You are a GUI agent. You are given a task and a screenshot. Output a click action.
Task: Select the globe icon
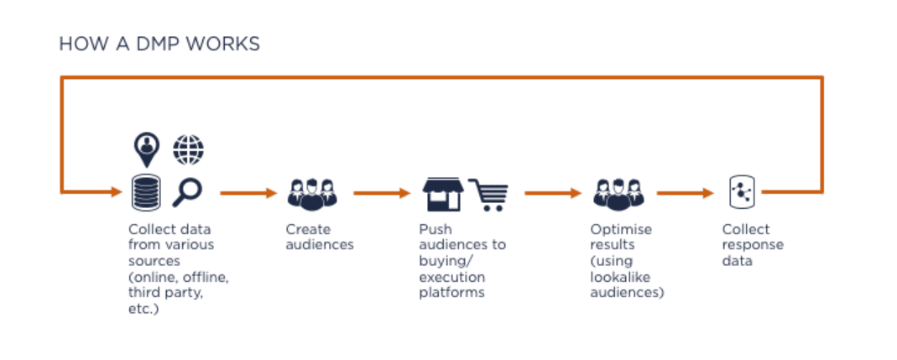[x=188, y=150]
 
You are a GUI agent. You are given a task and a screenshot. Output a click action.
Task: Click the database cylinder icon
[x=146, y=193]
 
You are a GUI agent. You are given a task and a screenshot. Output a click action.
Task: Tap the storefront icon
[x=441, y=194]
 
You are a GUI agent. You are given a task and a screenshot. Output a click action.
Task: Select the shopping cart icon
[x=488, y=194]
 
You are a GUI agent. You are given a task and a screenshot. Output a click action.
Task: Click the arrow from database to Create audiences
[x=248, y=193]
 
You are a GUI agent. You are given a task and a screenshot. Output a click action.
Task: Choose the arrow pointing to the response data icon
[x=685, y=193]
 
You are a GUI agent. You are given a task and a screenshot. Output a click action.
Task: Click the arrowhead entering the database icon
[x=116, y=192]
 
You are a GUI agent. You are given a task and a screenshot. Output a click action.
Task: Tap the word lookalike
[x=619, y=277]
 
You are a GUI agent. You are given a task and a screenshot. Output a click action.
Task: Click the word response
[x=753, y=245]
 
